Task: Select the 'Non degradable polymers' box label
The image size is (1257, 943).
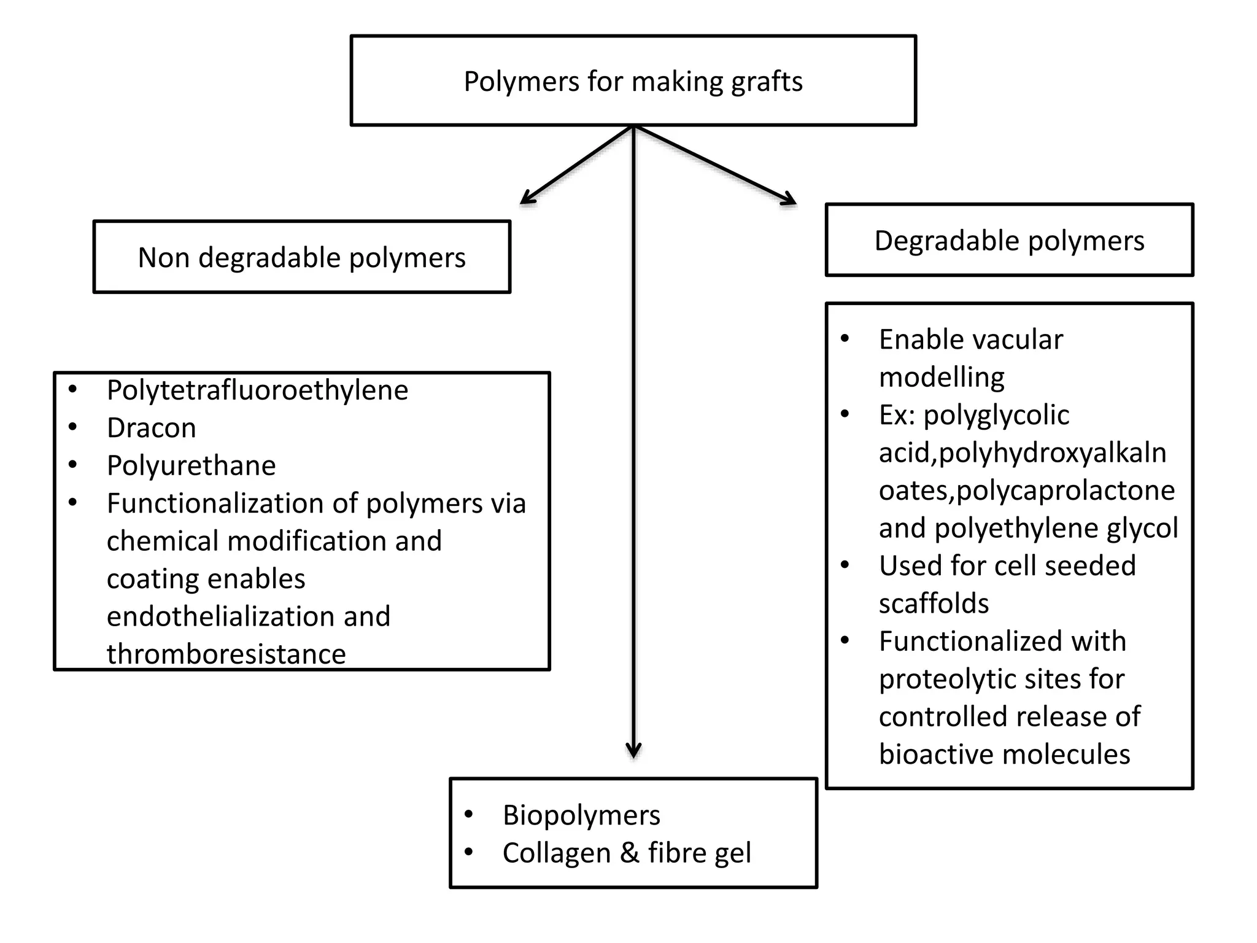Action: tap(301, 258)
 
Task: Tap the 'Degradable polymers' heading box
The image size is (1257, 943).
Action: tap(1009, 241)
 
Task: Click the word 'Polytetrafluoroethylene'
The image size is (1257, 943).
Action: tap(257, 390)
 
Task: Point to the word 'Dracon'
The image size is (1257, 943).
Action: tap(151, 428)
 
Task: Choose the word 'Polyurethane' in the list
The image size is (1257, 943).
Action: tap(191, 466)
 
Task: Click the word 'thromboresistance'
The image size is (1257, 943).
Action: tap(226, 654)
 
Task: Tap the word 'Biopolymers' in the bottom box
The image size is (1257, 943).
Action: tap(581, 816)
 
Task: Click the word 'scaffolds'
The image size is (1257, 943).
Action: tap(934, 603)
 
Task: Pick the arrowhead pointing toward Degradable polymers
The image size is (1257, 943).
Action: tap(791, 200)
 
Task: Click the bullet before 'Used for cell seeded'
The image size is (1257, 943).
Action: tap(845, 565)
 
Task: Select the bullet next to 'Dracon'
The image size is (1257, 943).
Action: tap(73, 427)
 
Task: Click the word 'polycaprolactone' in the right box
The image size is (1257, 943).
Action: tap(1066, 491)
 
